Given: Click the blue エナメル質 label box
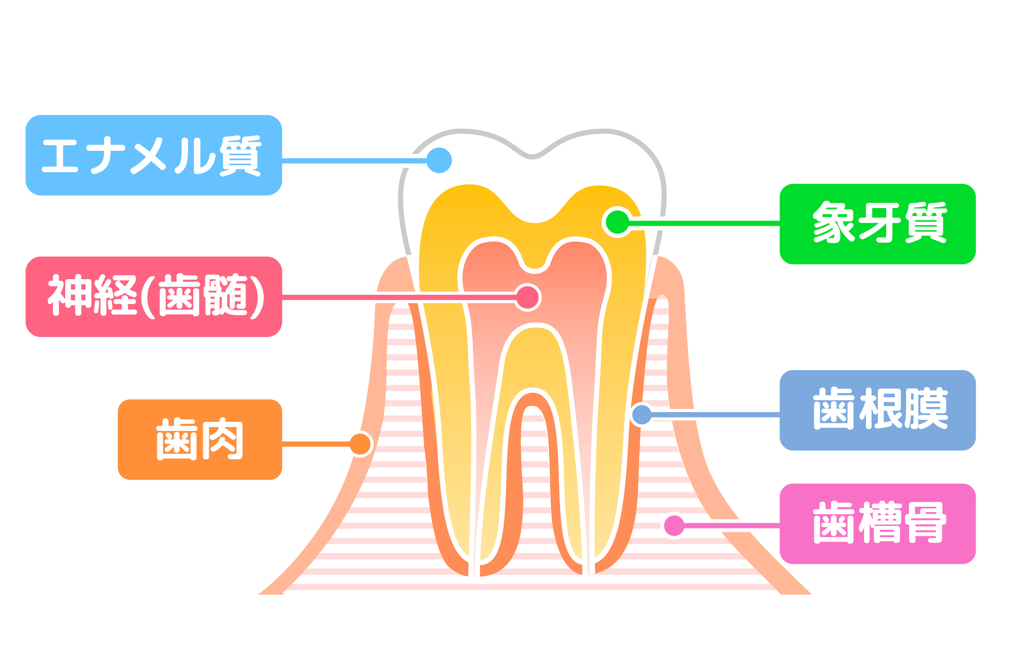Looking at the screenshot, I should (x=153, y=155).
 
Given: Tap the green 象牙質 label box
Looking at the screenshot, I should (x=877, y=224).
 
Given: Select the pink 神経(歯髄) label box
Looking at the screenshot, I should (x=153, y=297).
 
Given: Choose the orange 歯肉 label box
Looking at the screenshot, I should (x=200, y=439).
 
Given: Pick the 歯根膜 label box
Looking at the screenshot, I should (x=877, y=410).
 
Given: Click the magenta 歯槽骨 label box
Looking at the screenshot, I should (x=877, y=523).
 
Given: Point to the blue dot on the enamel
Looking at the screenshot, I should (x=439, y=160).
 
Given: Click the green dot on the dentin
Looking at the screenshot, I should (x=617, y=222).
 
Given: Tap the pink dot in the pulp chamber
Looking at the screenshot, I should (x=527, y=297).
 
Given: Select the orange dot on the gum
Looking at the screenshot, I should (x=360, y=444).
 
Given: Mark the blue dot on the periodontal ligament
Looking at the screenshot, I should (x=642, y=414).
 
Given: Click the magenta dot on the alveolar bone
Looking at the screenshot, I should (x=674, y=525).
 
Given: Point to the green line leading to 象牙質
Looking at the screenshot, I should (x=704, y=223).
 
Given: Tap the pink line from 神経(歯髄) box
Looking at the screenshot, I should (x=398, y=297).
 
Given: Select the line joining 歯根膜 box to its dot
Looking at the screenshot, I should (x=715, y=415).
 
